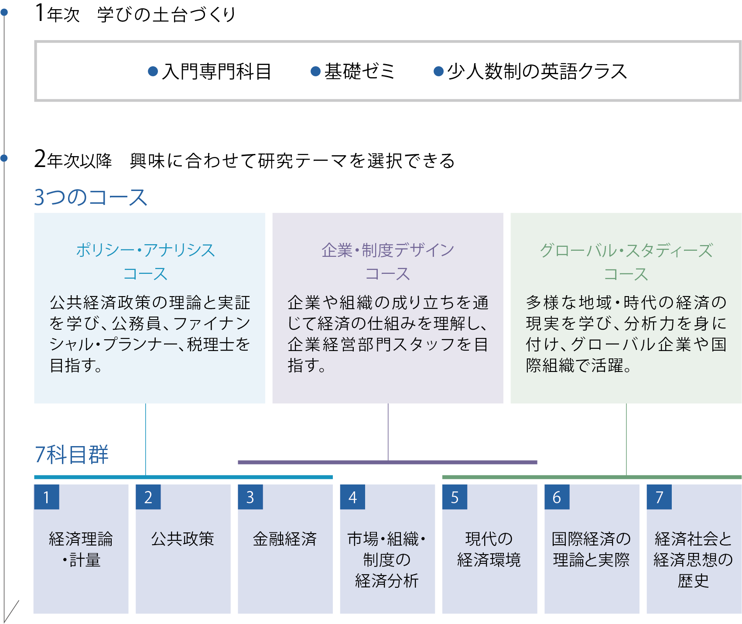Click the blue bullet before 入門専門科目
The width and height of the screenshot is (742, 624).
point(153,71)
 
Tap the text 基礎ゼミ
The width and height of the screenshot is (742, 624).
point(359,72)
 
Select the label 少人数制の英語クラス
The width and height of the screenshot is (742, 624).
point(537,72)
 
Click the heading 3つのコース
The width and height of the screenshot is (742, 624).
point(91,197)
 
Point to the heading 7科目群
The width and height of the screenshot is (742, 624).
point(72,455)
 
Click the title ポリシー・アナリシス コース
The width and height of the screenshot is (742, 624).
point(146,262)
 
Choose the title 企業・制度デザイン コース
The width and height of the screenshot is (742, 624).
point(388,262)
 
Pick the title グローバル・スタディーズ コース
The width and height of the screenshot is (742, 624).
point(626,262)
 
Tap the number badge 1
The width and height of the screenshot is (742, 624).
point(47,497)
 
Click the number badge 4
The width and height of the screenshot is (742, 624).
point(352,497)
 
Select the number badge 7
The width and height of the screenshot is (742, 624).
point(659,497)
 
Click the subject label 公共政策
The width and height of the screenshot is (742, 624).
point(183,539)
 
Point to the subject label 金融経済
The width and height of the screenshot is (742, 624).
point(285,539)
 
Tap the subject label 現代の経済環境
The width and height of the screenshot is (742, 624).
point(489,549)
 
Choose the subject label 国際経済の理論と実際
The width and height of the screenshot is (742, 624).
point(591,549)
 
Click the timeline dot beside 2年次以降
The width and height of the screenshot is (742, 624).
point(4,158)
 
